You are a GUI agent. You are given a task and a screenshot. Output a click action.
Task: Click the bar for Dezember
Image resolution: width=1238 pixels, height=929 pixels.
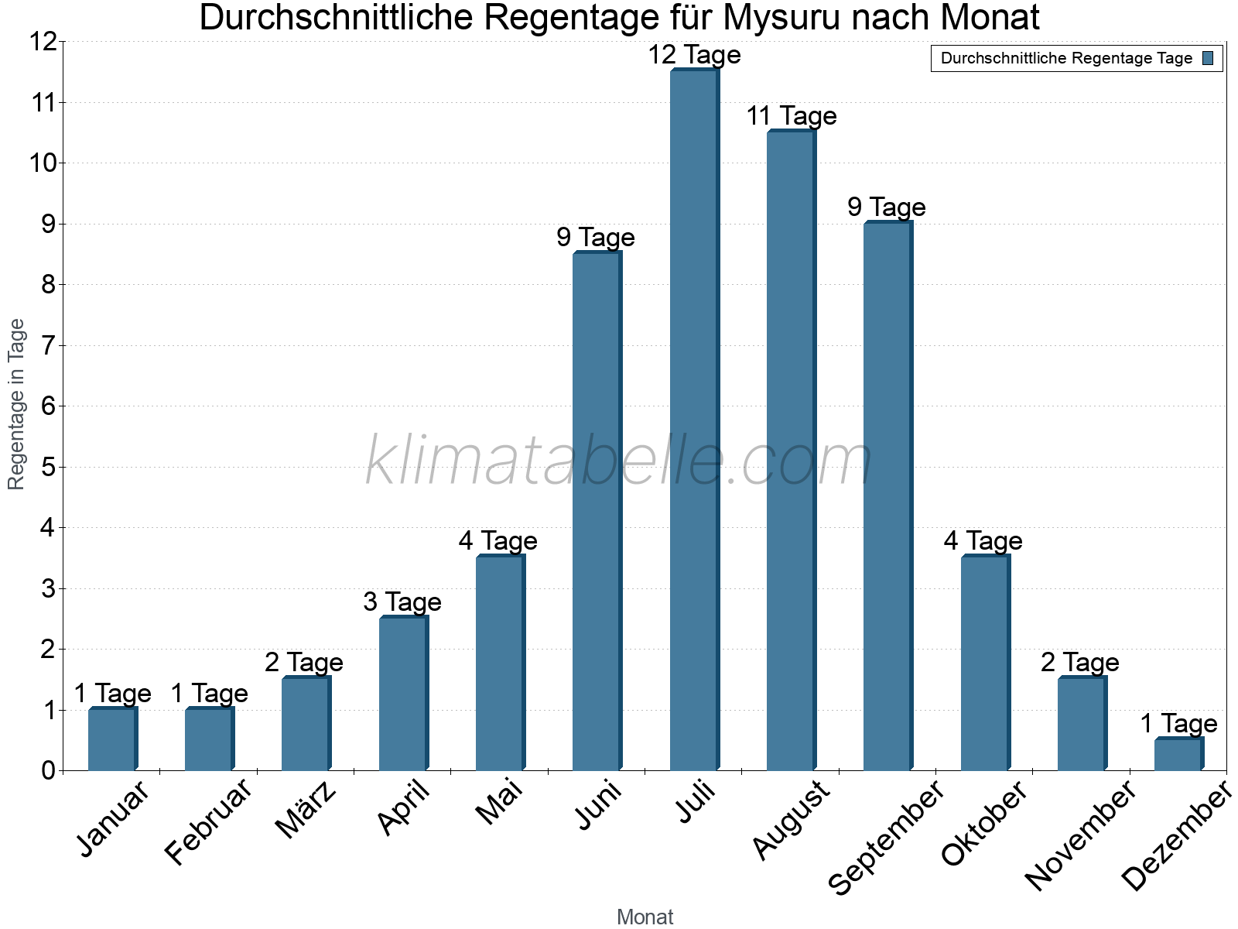[x=1178, y=755]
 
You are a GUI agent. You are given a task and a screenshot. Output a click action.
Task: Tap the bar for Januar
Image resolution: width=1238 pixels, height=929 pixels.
[x=112, y=739]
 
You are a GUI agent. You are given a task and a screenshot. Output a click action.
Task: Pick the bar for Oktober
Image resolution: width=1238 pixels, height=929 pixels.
[x=985, y=663]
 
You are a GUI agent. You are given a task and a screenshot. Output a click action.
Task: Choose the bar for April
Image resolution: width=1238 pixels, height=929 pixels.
[x=403, y=694]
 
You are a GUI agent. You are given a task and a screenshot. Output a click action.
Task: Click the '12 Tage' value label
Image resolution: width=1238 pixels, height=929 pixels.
[x=694, y=55]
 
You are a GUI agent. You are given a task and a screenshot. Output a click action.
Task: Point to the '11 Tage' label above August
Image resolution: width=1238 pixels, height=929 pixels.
[x=792, y=116]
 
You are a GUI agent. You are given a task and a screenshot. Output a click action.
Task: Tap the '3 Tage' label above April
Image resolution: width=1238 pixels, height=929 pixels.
[x=402, y=602]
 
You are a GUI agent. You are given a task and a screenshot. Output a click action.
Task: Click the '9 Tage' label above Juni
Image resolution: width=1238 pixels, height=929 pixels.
[x=596, y=237]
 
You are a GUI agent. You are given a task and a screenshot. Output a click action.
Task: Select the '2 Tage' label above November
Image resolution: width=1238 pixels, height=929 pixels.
[x=1080, y=663]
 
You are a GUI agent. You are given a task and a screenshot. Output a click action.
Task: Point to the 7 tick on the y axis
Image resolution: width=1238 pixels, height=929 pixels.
[x=48, y=345]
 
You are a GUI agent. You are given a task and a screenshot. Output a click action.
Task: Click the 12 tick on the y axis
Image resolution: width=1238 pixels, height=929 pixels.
[x=42, y=42]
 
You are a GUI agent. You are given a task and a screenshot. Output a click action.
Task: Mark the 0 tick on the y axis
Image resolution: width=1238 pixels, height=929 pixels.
[x=48, y=770]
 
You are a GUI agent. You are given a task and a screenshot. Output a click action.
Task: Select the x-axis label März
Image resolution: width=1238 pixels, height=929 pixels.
[x=307, y=810]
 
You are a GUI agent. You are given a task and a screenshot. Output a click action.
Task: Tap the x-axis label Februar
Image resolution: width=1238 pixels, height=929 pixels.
[x=209, y=821]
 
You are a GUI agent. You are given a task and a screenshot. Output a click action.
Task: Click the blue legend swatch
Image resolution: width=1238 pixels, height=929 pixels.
[x=1209, y=58]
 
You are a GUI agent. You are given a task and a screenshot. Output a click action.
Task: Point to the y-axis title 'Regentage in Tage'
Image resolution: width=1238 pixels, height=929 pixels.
[x=16, y=404]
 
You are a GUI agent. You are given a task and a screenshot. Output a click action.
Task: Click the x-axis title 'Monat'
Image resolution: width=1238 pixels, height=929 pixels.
[x=645, y=917]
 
